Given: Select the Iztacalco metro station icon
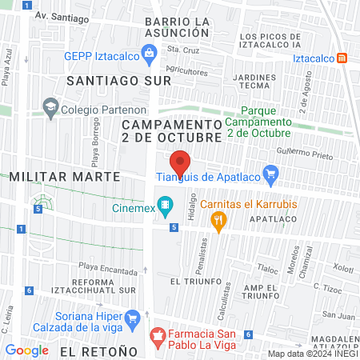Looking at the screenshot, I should point(342,58).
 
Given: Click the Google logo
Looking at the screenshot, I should point(26,350).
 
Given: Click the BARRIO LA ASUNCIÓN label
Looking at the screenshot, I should point(178,26).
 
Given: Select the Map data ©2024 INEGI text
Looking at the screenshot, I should point(313,354).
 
